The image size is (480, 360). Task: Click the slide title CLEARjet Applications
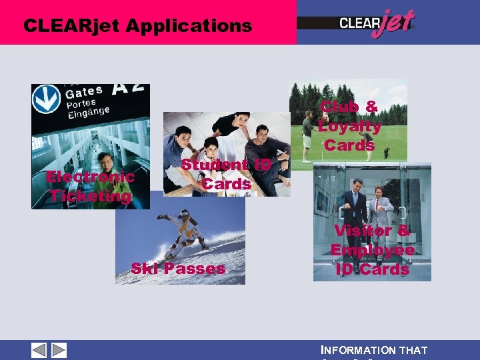tap(137, 26)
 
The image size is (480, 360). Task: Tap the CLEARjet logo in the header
tap(377, 24)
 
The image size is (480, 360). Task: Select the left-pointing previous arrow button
tap(39, 350)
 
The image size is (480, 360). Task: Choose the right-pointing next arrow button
tap(59, 350)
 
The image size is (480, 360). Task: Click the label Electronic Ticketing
tap(89, 187)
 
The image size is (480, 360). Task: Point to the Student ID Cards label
tap(226, 174)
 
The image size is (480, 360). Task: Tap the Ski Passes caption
tap(178, 269)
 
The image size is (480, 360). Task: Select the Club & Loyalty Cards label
tap(349, 125)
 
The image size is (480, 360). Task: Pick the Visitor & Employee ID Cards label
tap(372, 250)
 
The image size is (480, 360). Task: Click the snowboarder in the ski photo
tap(182, 232)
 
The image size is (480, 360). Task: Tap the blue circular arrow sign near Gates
tap(46, 99)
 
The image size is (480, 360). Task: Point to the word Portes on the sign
tap(81, 104)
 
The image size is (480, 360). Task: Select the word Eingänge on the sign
tap(86, 114)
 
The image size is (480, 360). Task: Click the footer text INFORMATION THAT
tap(374, 350)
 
